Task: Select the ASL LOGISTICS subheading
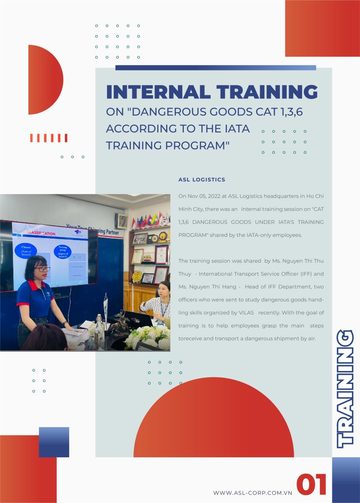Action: tap(202, 180)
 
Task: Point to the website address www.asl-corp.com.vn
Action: tap(253, 493)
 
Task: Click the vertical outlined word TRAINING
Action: tap(345, 389)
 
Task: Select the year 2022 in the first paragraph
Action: tap(214, 196)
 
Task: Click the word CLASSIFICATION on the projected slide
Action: tap(41, 233)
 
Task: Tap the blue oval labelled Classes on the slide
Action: tap(26, 251)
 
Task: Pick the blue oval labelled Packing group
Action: tap(63, 252)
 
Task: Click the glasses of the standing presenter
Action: tap(42, 269)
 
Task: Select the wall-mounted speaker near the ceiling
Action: tap(121, 221)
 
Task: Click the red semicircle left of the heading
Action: tap(46, 80)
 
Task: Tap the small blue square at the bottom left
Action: tap(54, 442)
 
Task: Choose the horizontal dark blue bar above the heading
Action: tap(216, 67)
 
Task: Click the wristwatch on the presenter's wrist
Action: tap(65, 323)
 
